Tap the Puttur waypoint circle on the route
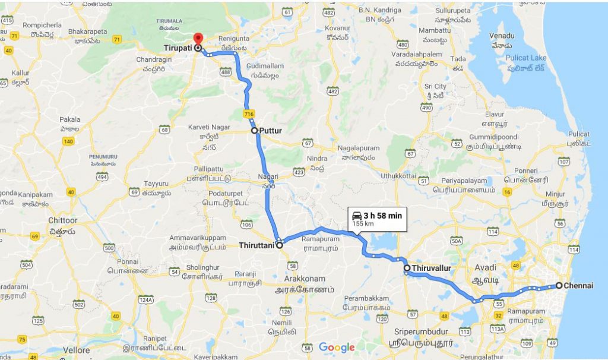coord(254,130)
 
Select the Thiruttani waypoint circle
coord(279,244)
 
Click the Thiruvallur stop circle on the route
coord(407,268)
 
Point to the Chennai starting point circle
coord(559,285)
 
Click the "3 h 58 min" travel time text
coord(384,215)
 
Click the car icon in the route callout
coord(356,215)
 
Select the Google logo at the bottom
coord(336,348)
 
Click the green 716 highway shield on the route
coord(248,113)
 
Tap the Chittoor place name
coord(63,220)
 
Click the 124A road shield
coord(145,300)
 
